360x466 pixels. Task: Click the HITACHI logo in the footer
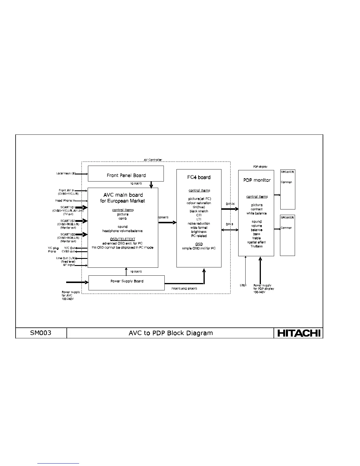(298, 333)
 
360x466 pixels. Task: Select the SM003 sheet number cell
(41, 333)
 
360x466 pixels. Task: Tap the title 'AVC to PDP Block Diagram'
(171, 333)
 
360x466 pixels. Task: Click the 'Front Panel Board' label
(126, 175)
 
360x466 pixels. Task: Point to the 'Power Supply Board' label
(127, 281)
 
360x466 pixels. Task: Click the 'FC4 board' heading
(199, 177)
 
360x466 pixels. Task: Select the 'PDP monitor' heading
(257, 180)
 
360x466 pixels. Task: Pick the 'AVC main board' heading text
(123, 195)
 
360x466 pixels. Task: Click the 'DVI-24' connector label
(230, 204)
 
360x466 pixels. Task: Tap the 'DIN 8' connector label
(229, 224)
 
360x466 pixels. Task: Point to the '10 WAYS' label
(136, 184)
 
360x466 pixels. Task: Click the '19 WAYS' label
(136, 272)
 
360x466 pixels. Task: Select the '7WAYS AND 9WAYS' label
(184, 289)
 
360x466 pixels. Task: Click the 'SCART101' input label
(68, 207)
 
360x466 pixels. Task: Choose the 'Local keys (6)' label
(66, 173)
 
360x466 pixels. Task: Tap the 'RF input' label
(69, 265)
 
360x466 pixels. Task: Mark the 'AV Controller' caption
(153, 160)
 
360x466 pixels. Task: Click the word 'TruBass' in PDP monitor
(256, 246)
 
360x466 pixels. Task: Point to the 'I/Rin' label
(243, 285)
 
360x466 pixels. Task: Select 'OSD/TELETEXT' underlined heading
(123, 239)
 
